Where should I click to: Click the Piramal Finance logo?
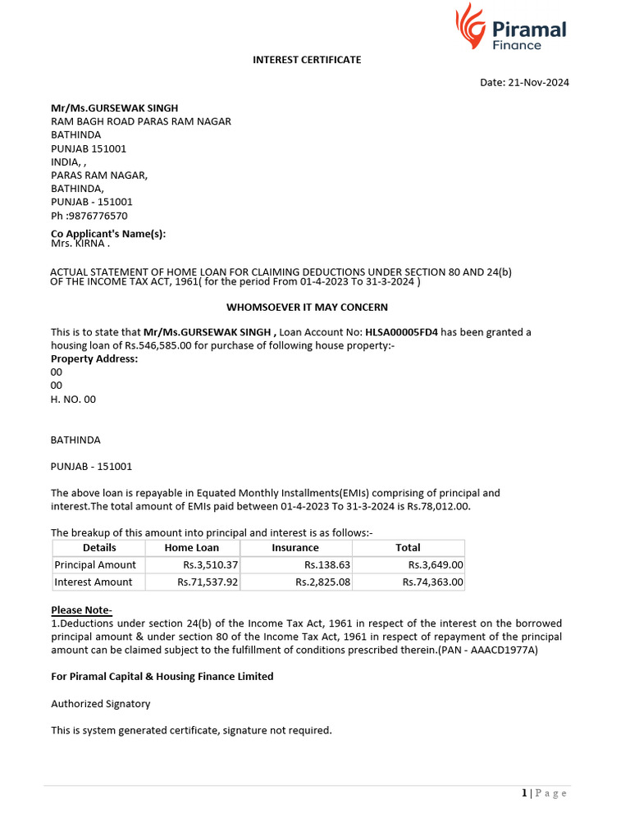click(x=511, y=28)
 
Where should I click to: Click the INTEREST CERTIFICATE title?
click(x=307, y=60)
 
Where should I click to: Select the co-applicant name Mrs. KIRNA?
click(x=80, y=244)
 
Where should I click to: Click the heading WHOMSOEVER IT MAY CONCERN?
click(x=307, y=307)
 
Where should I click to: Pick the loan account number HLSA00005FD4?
click(x=401, y=332)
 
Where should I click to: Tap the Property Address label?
click(x=94, y=358)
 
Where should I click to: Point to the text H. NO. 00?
click(x=73, y=399)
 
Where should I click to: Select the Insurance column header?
click(x=295, y=547)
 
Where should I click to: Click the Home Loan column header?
click(x=191, y=547)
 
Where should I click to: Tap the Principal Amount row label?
click(x=95, y=564)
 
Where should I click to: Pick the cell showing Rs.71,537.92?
click(x=208, y=582)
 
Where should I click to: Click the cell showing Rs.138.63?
click(x=326, y=564)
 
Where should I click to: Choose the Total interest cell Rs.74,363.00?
click(x=432, y=582)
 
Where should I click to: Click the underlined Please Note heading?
click(x=81, y=609)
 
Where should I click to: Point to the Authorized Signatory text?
click(x=101, y=704)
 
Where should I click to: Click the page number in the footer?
click(x=524, y=792)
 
